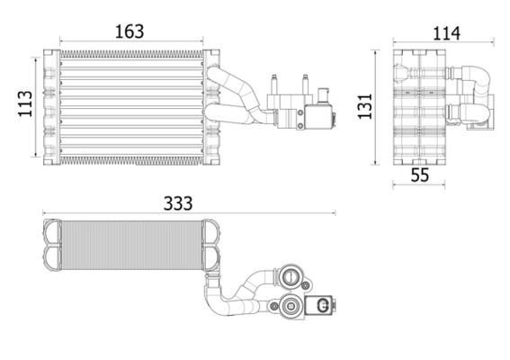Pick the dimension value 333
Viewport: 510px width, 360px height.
[178, 203]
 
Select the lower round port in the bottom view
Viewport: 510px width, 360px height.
[291, 308]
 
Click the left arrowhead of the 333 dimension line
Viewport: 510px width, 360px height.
[45, 214]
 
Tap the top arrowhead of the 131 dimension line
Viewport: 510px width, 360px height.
[376, 53]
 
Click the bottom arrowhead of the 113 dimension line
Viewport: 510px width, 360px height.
[37, 154]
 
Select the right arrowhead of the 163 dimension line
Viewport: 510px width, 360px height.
[204, 40]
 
